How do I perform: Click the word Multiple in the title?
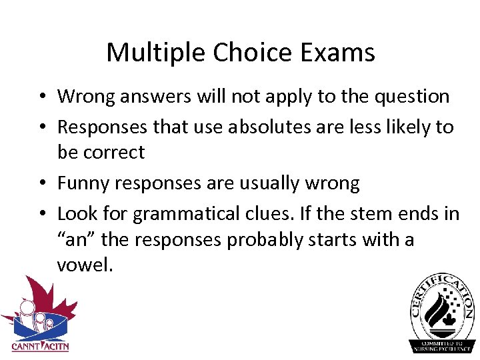pos(147,52)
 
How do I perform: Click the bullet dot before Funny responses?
pos(41,183)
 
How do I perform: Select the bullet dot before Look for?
pos(41,214)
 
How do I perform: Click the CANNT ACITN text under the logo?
pos(39,346)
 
